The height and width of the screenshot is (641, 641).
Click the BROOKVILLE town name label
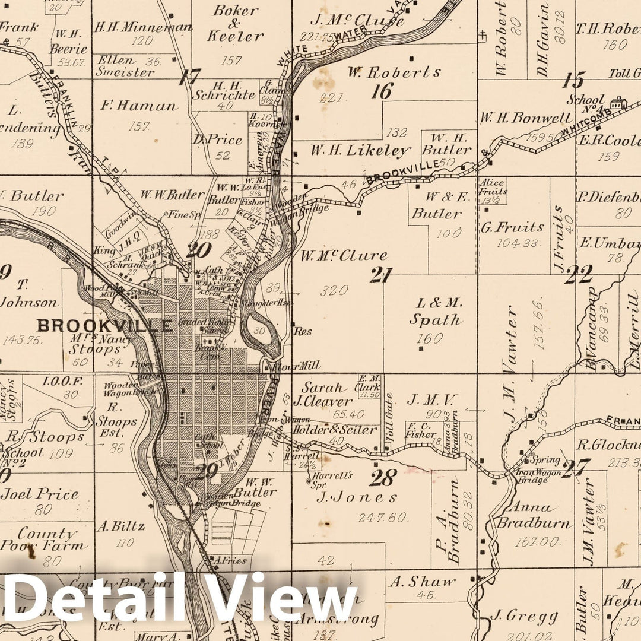[x=104, y=325]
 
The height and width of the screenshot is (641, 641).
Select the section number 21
[x=381, y=275]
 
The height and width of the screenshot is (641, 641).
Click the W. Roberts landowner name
[x=394, y=73]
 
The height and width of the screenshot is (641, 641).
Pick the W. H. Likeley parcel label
[x=360, y=150]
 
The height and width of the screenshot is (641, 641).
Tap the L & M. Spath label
[x=436, y=312]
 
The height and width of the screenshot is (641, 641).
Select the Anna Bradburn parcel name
[x=534, y=516]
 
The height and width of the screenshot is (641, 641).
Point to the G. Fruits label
[x=513, y=227]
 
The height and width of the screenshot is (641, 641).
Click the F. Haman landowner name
[x=139, y=106]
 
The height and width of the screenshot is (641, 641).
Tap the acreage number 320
[x=334, y=291]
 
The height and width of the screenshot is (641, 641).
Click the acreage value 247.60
[x=383, y=518]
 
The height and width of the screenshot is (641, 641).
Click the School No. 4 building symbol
[x=618, y=103]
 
